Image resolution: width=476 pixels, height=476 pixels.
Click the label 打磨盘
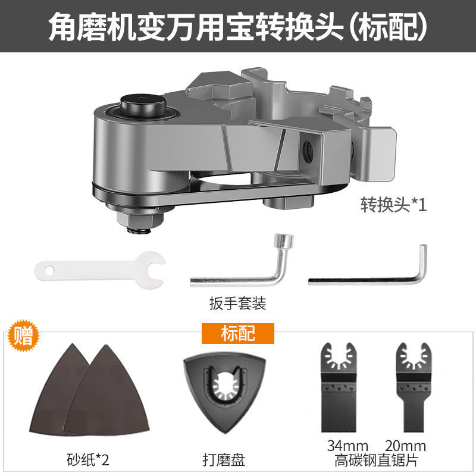coord(223,459)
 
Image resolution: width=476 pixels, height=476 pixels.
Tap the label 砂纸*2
coord(87,459)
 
